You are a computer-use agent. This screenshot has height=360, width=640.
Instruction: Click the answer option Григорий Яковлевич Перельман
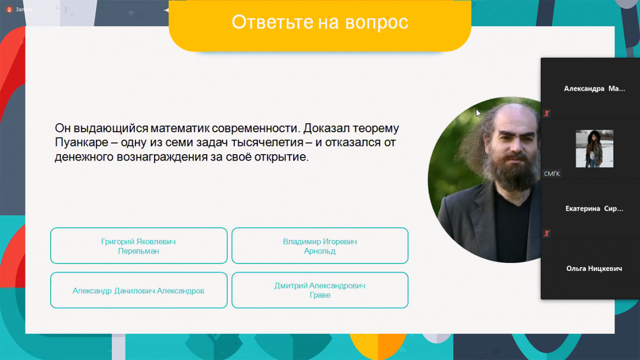click(x=139, y=246)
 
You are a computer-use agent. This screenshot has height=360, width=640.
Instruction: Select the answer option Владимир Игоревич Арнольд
click(x=319, y=246)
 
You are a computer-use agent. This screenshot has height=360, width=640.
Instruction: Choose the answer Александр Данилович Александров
click(x=139, y=290)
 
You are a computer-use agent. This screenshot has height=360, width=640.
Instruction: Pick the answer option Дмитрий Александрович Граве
click(x=319, y=290)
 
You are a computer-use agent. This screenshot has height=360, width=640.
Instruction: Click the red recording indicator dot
click(x=10, y=10)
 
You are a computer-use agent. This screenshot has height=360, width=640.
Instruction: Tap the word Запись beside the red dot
click(x=25, y=10)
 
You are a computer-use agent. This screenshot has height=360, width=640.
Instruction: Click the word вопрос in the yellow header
click(x=377, y=22)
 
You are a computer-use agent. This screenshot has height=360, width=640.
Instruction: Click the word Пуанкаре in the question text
click(x=82, y=142)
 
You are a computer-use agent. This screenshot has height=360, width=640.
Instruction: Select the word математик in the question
click(x=180, y=128)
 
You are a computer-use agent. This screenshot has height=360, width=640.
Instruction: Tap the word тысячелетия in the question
click(x=267, y=142)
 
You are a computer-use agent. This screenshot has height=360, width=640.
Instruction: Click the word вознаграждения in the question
click(x=162, y=157)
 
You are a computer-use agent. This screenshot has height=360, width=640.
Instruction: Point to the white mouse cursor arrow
click(x=478, y=113)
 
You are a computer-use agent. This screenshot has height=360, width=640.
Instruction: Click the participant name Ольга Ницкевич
click(x=594, y=269)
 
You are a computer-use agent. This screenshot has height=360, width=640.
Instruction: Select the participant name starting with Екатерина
click(x=594, y=209)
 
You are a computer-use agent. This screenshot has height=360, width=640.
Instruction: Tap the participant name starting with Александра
click(x=594, y=89)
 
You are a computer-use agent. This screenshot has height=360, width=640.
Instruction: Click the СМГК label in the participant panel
click(x=551, y=174)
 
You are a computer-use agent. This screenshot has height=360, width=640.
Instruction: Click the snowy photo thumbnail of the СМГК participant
click(x=594, y=149)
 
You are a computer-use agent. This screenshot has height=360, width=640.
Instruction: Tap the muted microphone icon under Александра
click(x=547, y=114)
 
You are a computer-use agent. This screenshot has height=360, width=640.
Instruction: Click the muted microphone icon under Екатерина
click(x=547, y=234)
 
